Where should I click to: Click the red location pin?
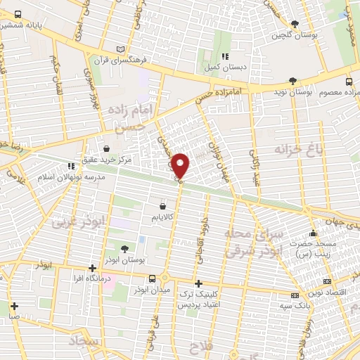coord(181,165)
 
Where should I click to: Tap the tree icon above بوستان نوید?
coord(293,81)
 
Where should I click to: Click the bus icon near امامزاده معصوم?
coord(350,93)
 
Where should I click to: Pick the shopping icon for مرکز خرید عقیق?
coord(106,148)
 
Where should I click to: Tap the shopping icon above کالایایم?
coord(164,207)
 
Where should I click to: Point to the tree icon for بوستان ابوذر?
coord(124,248)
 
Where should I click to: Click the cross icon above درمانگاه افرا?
coord(92,268)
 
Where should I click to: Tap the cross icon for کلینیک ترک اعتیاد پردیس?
coord(199,283)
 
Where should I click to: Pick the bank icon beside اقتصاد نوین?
coord(295,296)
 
